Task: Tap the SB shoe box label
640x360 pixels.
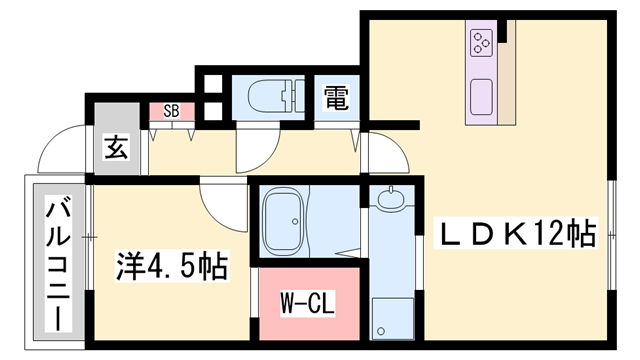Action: click(171, 112)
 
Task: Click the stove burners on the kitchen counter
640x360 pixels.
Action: click(481, 42)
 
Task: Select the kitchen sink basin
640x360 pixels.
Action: click(481, 95)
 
